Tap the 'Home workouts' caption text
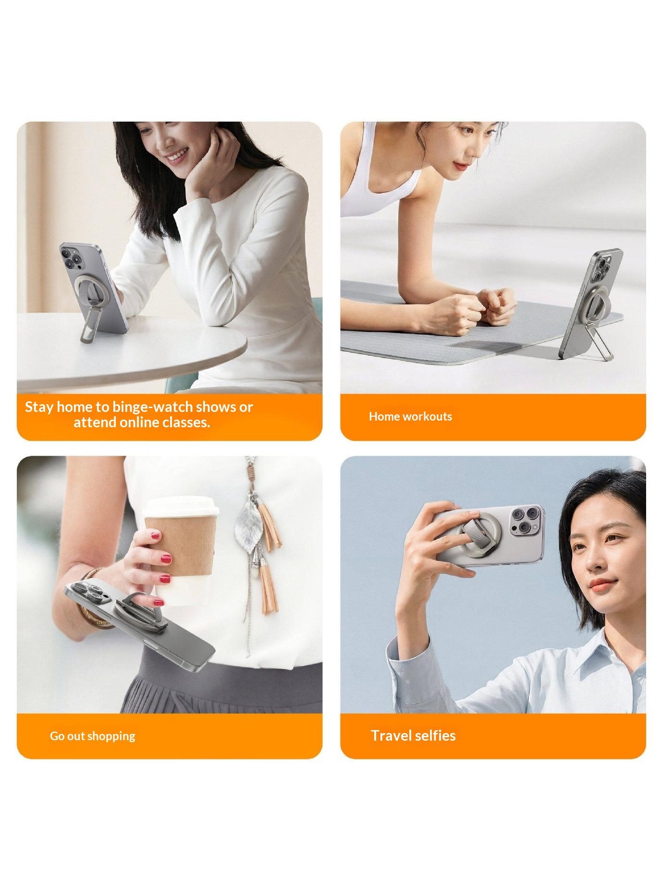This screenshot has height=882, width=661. tap(410, 416)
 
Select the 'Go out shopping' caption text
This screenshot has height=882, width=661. tap(93, 736)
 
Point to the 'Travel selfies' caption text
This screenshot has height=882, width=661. tap(413, 735)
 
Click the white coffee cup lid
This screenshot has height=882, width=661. tap(182, 509)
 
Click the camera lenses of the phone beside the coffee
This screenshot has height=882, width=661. tap(86, 594)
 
